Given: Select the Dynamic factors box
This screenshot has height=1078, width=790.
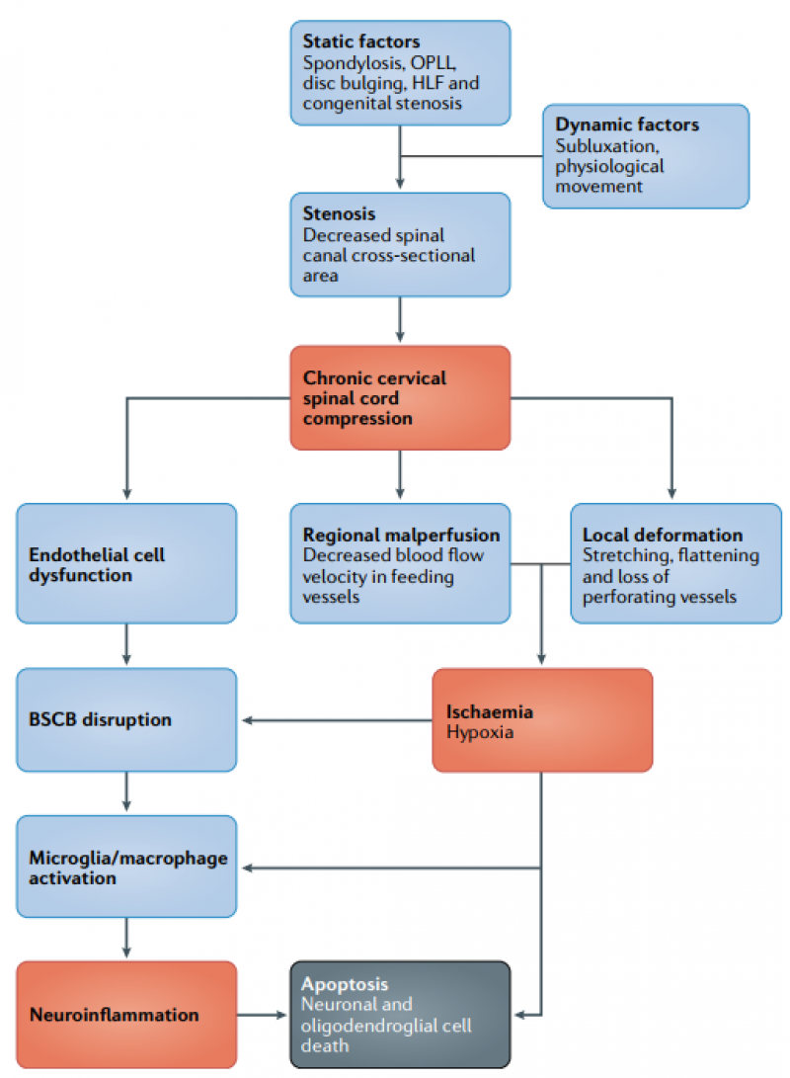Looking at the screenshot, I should (646, 156).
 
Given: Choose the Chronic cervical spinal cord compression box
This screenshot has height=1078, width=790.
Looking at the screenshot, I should (400, 398).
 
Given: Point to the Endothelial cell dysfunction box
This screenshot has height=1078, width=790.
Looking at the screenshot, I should (126, 564).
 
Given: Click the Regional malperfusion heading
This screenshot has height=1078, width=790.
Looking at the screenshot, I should (401, 536).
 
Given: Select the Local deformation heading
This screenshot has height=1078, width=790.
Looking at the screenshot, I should (662, 536).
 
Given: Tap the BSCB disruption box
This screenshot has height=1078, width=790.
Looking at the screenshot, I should (126, 719).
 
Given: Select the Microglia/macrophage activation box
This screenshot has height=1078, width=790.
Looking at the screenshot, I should (126, 867).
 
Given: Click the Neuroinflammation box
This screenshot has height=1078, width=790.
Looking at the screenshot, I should (126, 1015).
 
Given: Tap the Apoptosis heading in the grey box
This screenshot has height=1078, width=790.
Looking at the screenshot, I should (345, 985).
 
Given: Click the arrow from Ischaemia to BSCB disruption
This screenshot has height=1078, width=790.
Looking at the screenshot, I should (336, 720).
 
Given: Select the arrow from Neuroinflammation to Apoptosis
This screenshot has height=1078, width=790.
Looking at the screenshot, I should (263, 1015).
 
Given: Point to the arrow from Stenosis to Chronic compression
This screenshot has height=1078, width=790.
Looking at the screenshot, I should (400, 320).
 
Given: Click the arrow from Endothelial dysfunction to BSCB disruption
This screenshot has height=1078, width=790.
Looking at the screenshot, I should (126, 645).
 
